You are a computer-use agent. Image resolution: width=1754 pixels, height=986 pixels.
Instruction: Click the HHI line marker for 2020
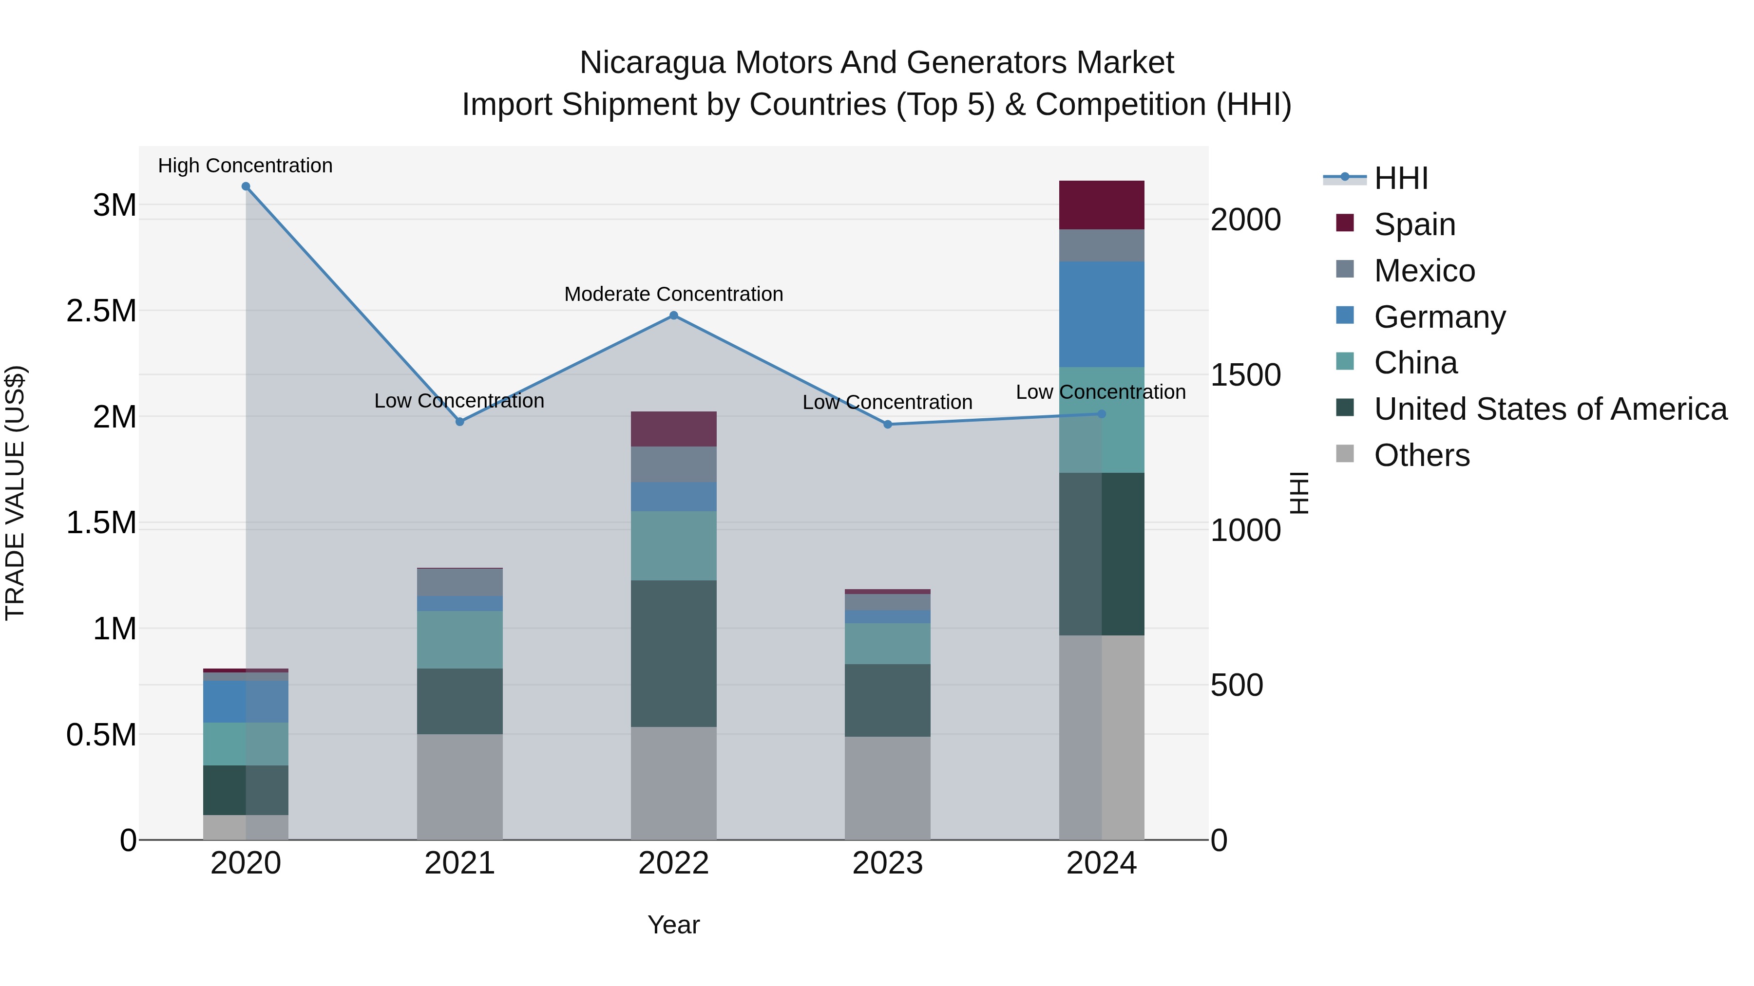tap(246, 186)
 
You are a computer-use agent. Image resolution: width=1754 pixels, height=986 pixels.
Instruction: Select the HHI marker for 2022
tap(673, 315)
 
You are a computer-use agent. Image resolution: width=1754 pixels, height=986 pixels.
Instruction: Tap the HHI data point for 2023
tap(887, 424)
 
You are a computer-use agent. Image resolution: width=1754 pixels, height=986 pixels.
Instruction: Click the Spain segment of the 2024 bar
tap(1101, 205)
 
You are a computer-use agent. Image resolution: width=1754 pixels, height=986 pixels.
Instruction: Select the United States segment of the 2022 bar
tap(673, 653)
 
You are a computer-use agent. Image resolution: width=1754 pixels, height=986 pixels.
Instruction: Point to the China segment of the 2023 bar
tap(887, 644)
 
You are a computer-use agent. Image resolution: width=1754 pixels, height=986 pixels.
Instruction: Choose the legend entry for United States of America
tap(1550, 409)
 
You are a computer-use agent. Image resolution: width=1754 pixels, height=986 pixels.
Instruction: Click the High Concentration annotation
tap(245, 166)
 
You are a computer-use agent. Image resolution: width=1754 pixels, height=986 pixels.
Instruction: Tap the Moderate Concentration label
tap(673, 294)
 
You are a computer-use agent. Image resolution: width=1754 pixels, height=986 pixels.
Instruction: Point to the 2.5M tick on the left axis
tap(101, 311)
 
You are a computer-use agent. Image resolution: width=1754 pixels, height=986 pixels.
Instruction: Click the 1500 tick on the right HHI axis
tap(1245, 375)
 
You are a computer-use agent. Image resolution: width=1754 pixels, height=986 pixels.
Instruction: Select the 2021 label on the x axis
tap(459, 863)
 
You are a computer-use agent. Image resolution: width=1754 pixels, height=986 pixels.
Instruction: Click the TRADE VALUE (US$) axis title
tap(15, 493)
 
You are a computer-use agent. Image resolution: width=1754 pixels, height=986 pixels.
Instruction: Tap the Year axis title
tap(673, 925)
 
